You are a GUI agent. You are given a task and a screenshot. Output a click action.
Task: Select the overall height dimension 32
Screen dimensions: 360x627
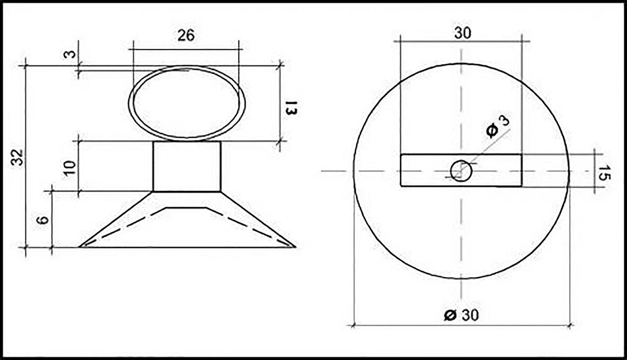[x=19, y=157]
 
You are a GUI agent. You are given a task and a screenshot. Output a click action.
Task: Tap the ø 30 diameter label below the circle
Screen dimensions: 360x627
[x=461, y=315]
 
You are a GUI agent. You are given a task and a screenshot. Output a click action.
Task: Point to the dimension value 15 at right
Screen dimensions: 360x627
[x=603, y=173]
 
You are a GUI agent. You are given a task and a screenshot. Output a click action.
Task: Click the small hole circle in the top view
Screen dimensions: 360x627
[x=460, y=170]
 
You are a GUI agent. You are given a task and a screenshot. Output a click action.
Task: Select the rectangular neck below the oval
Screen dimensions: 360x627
[x=187, y=166]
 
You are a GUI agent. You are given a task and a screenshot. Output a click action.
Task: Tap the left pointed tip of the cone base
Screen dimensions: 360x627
[x=81, y=246]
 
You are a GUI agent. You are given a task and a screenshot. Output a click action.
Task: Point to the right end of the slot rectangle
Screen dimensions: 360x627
[x=521, y=170]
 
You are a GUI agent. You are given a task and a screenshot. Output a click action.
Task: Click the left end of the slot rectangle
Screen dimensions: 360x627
[x=401, y=170]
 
